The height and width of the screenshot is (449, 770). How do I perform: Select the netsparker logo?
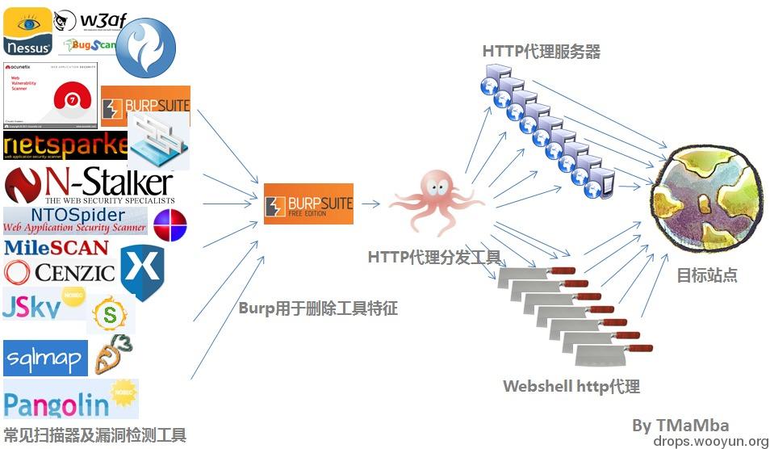[65, 145]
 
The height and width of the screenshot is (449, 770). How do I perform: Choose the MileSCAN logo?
[56, 247]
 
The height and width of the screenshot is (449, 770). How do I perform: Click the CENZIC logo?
[60, 272]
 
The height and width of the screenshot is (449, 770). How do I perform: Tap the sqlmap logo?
[45, 358]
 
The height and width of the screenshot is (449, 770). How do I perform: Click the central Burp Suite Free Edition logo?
[308, 204]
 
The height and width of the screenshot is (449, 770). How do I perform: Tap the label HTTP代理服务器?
[542, 51]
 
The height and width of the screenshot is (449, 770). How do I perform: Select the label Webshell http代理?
[571, 386]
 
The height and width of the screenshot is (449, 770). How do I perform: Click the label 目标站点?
[706, 275]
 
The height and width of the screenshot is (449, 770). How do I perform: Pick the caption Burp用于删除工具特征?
[318, 308]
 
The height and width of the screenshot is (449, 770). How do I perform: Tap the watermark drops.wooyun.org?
[710, 441]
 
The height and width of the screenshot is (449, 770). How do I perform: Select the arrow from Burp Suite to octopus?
[371, 204]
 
